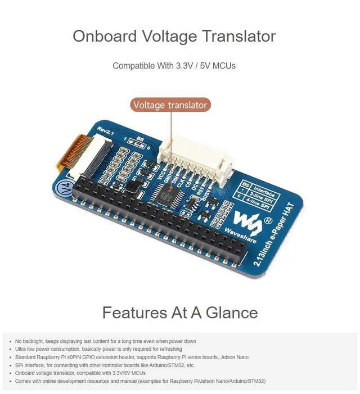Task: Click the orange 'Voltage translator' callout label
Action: pos(170,105)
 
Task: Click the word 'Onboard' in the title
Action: pos(105,37)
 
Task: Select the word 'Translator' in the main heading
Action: pos(240,37)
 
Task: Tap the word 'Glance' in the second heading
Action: pos(232,312)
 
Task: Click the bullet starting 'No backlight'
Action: pos(105,341)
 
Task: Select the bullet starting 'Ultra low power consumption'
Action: pos(98,349)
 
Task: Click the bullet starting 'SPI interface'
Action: pos(105,365)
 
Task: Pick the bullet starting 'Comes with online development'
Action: pos(140,381)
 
